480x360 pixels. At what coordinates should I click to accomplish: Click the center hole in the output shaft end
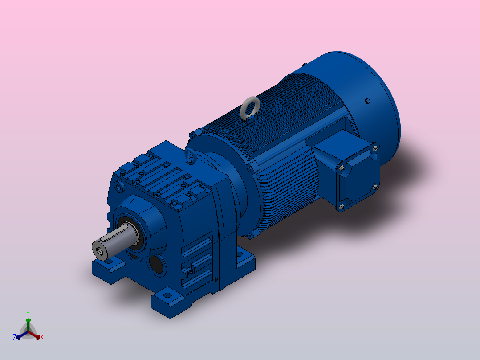99,250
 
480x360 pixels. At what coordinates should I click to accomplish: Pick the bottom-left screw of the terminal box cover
342,205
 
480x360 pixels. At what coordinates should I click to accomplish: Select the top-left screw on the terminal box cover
342,167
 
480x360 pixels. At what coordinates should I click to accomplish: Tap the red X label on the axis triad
41,337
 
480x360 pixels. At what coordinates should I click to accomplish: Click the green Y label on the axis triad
28,313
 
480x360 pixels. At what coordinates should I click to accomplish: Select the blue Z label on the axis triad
15,337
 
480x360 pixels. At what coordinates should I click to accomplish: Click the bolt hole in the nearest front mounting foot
167,295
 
